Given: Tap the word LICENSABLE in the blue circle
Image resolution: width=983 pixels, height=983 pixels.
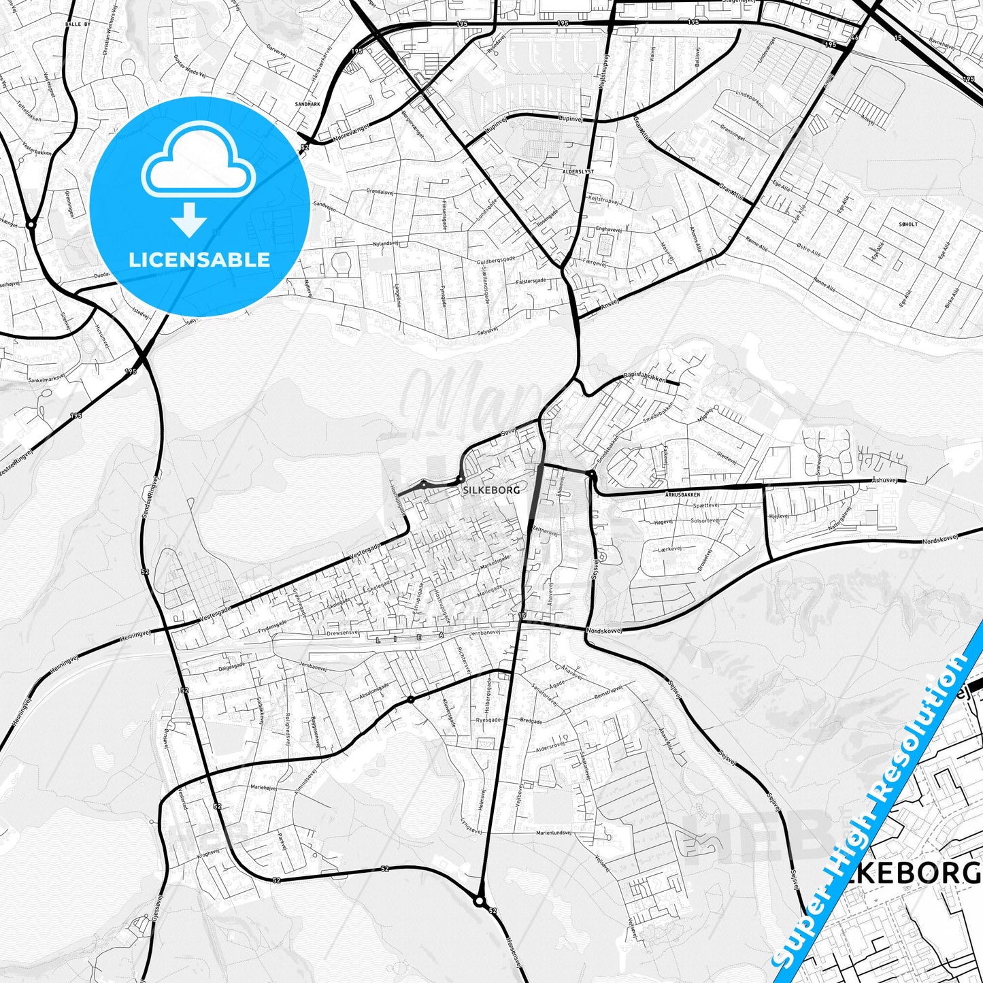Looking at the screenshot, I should pyautogui.click(x=199, y=259).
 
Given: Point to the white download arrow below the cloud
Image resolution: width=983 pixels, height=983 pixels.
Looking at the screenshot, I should pyautogui.click(x=190, y=219).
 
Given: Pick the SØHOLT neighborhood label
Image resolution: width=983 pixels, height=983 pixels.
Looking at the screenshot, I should pyautogui.click(x=908, y=224).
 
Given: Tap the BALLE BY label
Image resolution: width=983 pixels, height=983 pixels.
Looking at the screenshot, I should pyautogui.click(x=78, y=24).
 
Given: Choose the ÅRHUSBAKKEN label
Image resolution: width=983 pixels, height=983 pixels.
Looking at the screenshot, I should pyautogui.click(x=682, y=495).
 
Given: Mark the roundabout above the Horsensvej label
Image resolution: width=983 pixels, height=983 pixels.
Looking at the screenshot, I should pyautogui.click(x=480, y=901).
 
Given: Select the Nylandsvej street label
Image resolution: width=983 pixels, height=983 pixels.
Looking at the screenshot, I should pyautogui.click(x=384, y=244).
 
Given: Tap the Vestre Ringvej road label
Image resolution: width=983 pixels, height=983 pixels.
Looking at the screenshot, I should pyautogui.click(x=16, y=460).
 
